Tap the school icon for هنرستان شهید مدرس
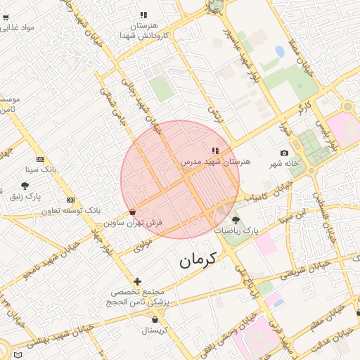pyautogui.click(x=215, y=150)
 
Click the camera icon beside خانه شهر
pyautogui.click(x=284, y=153)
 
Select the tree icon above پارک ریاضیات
pyautogui.click(x=245, y=220)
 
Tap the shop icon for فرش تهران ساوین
pyautogui.click(x=132, y=212)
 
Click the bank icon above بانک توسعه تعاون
pyautogui.click(x=70, y=200)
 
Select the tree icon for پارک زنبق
pyautogui.click(x=25, y=186)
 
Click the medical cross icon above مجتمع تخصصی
pyautogui.click(x=137, y=281)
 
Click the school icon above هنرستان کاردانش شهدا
pyautogui.click(x=143, y=14)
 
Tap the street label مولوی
pyautogui.click(x=143, y=243)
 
